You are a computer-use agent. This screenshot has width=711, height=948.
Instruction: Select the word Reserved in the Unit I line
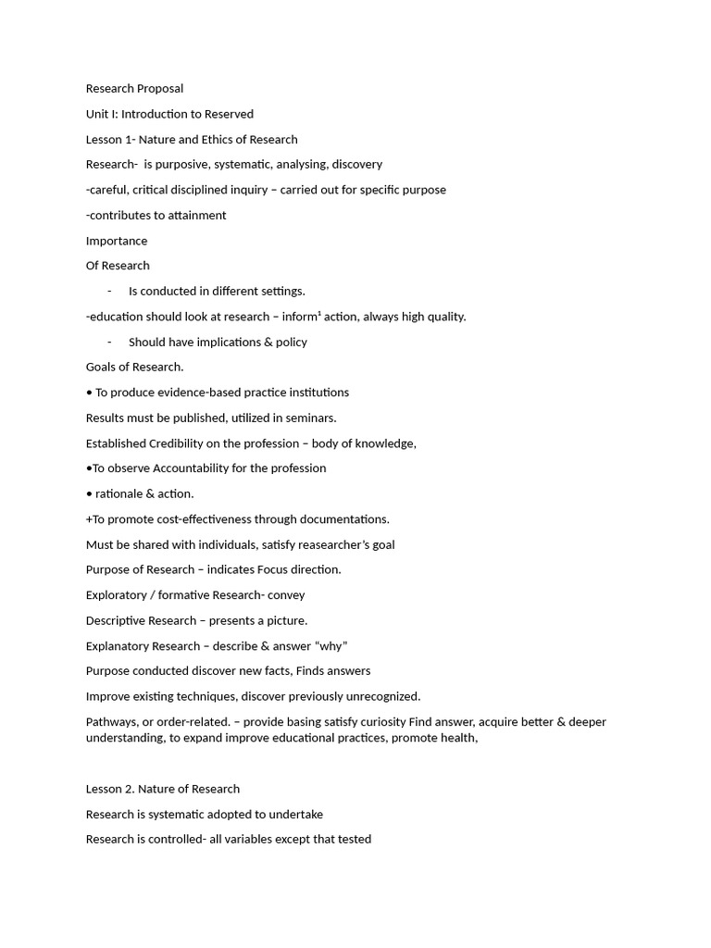point(228,114)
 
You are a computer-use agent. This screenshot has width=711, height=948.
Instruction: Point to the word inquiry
point(283,190)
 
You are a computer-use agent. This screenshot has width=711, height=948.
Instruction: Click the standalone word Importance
point(117,241)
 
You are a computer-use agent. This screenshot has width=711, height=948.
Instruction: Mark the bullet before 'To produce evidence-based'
point(89,393)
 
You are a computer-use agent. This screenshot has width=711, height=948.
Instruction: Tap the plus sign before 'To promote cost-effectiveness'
point(89,519)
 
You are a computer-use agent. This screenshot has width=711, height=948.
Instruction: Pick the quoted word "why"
point(331,646)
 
